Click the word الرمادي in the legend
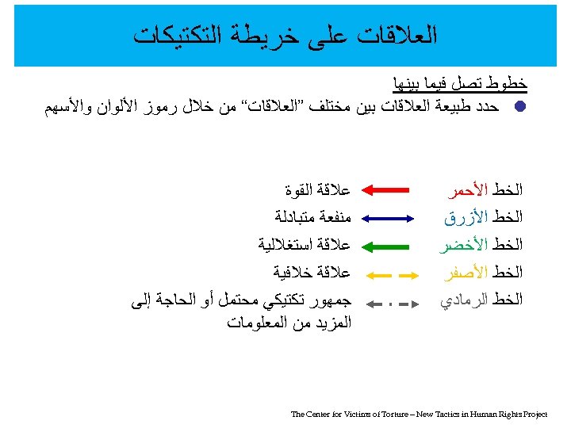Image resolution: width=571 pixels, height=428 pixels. [x=464, y=300]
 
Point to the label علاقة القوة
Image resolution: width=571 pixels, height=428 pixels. [x=317, y=190]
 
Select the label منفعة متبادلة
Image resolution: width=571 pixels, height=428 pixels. [x=312, y=217]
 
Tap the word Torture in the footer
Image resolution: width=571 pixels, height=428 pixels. [x=367, y=414]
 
